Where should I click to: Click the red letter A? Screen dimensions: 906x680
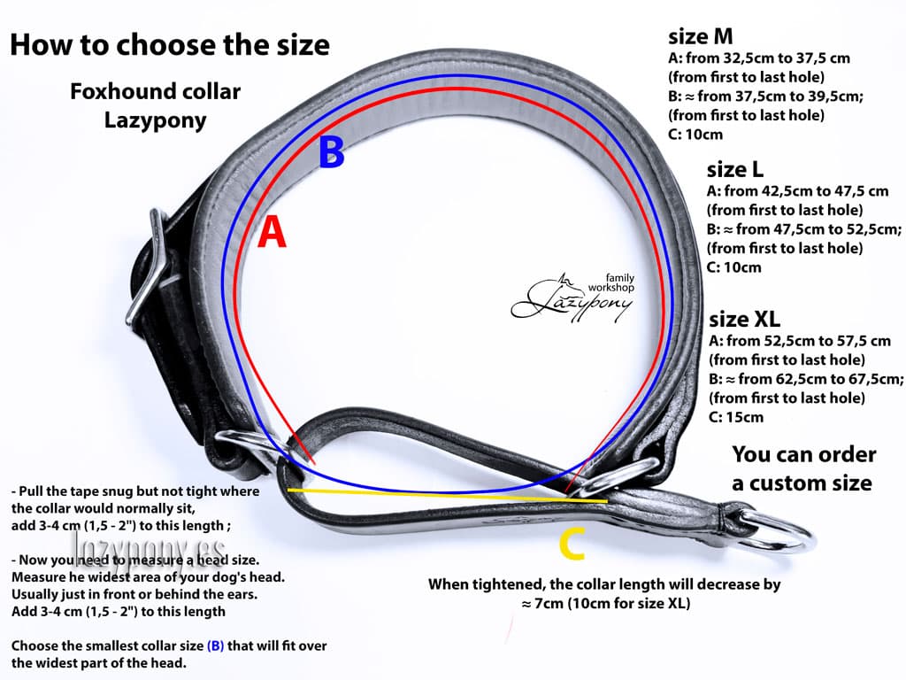(272, 232)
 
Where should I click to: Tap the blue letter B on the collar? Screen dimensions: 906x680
(332, 151)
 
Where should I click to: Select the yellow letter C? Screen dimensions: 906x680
(572, 545)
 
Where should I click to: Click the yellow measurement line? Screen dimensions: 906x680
(448, 495)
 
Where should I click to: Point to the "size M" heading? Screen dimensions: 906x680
(701, 36)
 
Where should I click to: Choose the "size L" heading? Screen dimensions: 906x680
(735, 169)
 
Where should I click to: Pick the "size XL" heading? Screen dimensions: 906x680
(744, 319)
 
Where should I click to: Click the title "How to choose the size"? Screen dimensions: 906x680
(170, 44)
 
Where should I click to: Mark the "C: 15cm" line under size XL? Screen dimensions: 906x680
(736, 417)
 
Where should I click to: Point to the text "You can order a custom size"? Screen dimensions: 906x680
(803, 468)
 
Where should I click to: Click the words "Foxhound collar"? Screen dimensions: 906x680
(155, 91)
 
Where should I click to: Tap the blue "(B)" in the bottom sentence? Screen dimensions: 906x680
(216, 645)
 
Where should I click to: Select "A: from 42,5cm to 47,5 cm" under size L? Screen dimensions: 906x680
(797, 191)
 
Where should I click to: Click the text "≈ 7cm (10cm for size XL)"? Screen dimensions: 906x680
(605, 604)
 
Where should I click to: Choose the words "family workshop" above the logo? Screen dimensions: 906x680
(612, 282)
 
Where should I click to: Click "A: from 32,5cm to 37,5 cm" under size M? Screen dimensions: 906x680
(759, 58)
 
